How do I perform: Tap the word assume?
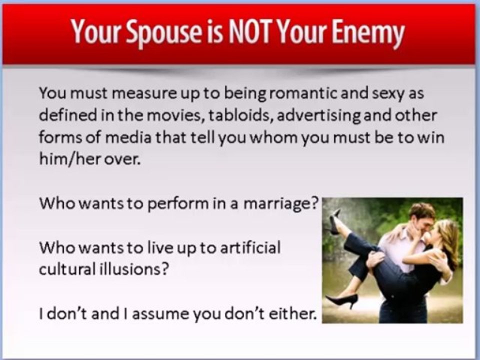[160, 314]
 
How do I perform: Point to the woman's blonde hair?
[446, 242]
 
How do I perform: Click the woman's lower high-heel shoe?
[341, 300]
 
